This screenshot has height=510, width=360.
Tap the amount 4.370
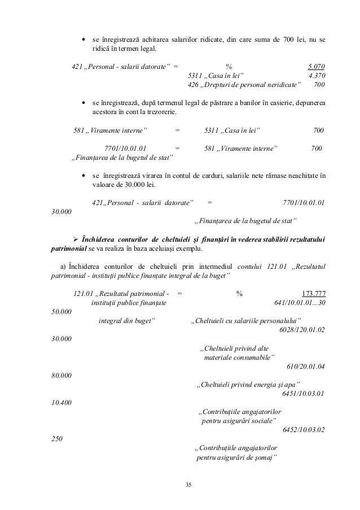tap(316, 75)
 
